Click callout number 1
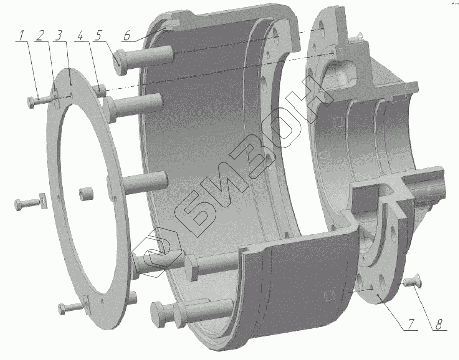pyautogui.click(x=21, y=36)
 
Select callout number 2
pyautogui.click(x=41, y=35)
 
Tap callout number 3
pyautogui.click(x=59, y=35)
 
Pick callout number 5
pyautogui.click(x=98, y=35)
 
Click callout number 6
pyautogui.click(x=127, y=35)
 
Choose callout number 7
pyautogui.click(x=411, y=324)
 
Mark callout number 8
pyautogui.click(x=439, y=324)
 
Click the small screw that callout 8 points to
pyautogui.click(x=411, y=281)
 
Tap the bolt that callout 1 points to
pyautogui.click(x=40, y=101)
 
